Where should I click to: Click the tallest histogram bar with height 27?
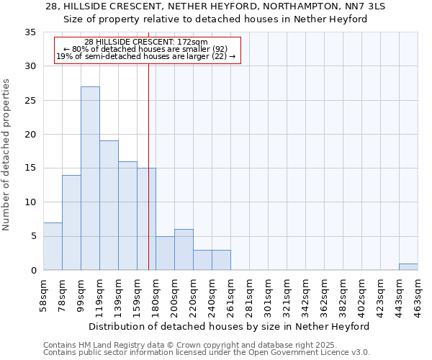pyautogui.click(x=90, y=179)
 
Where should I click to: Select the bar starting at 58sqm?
pyautogui.click(x=53, y=246)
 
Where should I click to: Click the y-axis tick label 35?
pyautogui.click(x=30, y=32)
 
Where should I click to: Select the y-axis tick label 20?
pyautogui.click(x=30, y=135)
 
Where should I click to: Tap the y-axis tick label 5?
pyautogui.click(x=33, y=237)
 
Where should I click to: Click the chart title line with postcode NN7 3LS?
pyautogui.click(x=216, y=6)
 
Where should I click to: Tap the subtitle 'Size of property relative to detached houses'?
pyautogui.click(x=216, y=19)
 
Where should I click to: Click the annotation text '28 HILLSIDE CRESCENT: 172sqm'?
pyautogui.click(x=146, y=42)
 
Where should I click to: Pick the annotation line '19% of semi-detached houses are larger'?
pyautogui.click(x=146, y=56)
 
